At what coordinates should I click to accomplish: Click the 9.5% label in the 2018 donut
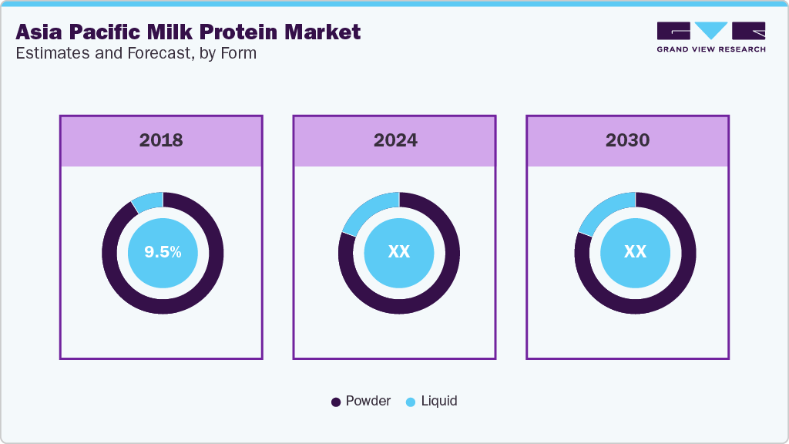click(162, 252)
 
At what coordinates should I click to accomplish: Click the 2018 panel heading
click(161, 140)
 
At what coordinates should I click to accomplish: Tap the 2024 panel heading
click(395, 140)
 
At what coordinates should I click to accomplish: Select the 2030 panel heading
click(627, 140)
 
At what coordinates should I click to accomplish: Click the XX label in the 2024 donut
click(399, 252)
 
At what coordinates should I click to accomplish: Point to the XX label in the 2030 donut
click(635, 252)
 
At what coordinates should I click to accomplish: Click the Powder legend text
click(368, 401)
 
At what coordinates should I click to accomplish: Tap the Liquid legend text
click(438, 401)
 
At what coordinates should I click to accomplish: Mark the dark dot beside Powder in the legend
click(336, 402)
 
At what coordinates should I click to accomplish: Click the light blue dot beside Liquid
click(411, 402)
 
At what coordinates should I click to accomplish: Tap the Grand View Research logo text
click(710, 49)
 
